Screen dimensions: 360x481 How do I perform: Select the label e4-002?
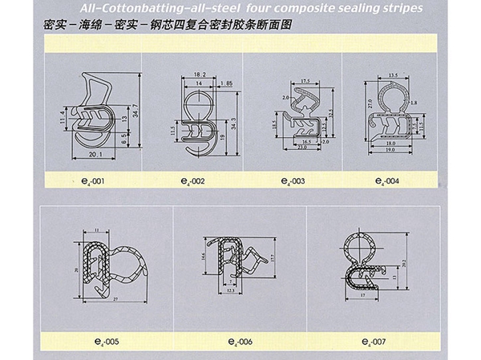pos(193,181)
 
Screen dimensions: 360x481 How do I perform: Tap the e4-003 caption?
pos(293,181)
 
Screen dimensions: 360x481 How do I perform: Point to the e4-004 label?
pos(387,181)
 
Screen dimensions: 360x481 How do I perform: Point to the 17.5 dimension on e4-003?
pos(305,81)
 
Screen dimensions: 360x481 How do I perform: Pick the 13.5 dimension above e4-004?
pos(393,75)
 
